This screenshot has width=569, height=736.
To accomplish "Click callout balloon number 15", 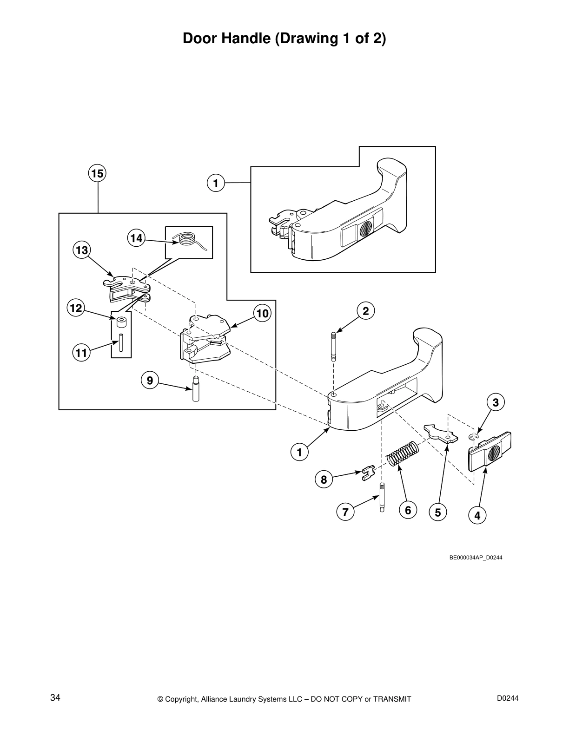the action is [x=97, y=174].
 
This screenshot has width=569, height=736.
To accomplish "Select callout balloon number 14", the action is [x=136, y=238].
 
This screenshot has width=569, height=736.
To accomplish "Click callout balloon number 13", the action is [x=81, y=250].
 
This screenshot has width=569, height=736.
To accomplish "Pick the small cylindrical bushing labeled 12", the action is [x=121, y=322].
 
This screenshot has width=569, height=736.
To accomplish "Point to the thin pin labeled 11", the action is [x=120, y=343].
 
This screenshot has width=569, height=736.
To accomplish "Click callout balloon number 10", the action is [x=263, y=314].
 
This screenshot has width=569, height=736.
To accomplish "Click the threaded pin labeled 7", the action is [x=382, y=497].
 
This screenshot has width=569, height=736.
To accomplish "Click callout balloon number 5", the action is [x=437, y=512].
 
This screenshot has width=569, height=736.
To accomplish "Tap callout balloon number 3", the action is [x=496, y=402].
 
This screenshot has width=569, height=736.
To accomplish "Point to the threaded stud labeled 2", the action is [x=334, y=346].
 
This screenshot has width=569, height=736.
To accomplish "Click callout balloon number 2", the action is [x=366, y=311].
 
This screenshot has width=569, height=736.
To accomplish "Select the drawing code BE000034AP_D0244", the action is [x=476, y=558].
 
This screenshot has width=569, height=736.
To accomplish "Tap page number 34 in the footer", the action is [x=55, y=698].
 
